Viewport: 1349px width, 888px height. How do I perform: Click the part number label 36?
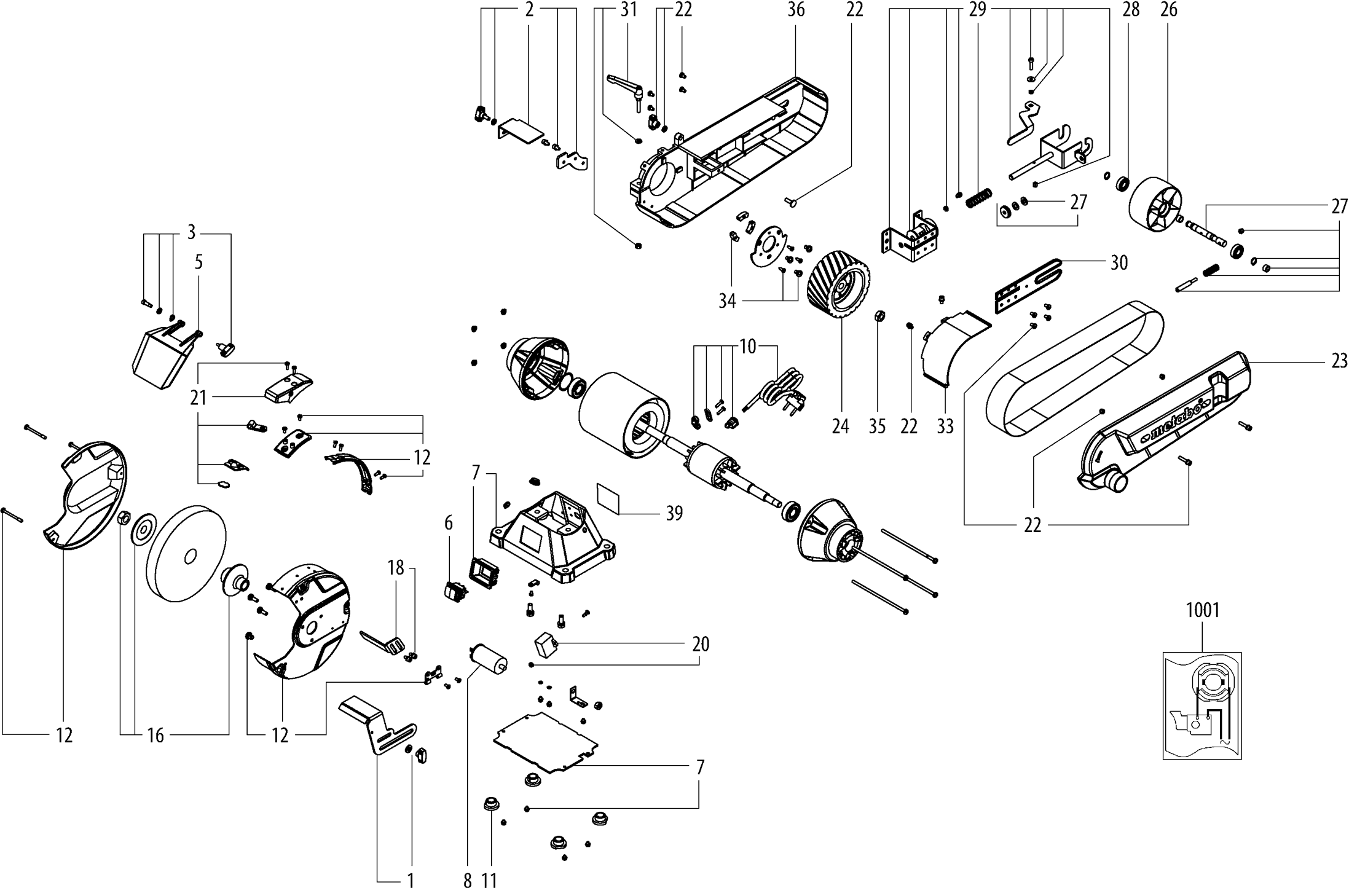click(796, 10)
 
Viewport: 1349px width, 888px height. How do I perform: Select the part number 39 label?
click(674, 513)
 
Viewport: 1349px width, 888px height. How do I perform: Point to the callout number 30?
click(1119, 263)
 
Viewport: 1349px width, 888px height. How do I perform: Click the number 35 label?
click(877, 426)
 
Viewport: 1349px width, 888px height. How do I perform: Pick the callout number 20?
click(701, 644)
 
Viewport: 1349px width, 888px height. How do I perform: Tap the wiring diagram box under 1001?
click(1202, 705)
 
